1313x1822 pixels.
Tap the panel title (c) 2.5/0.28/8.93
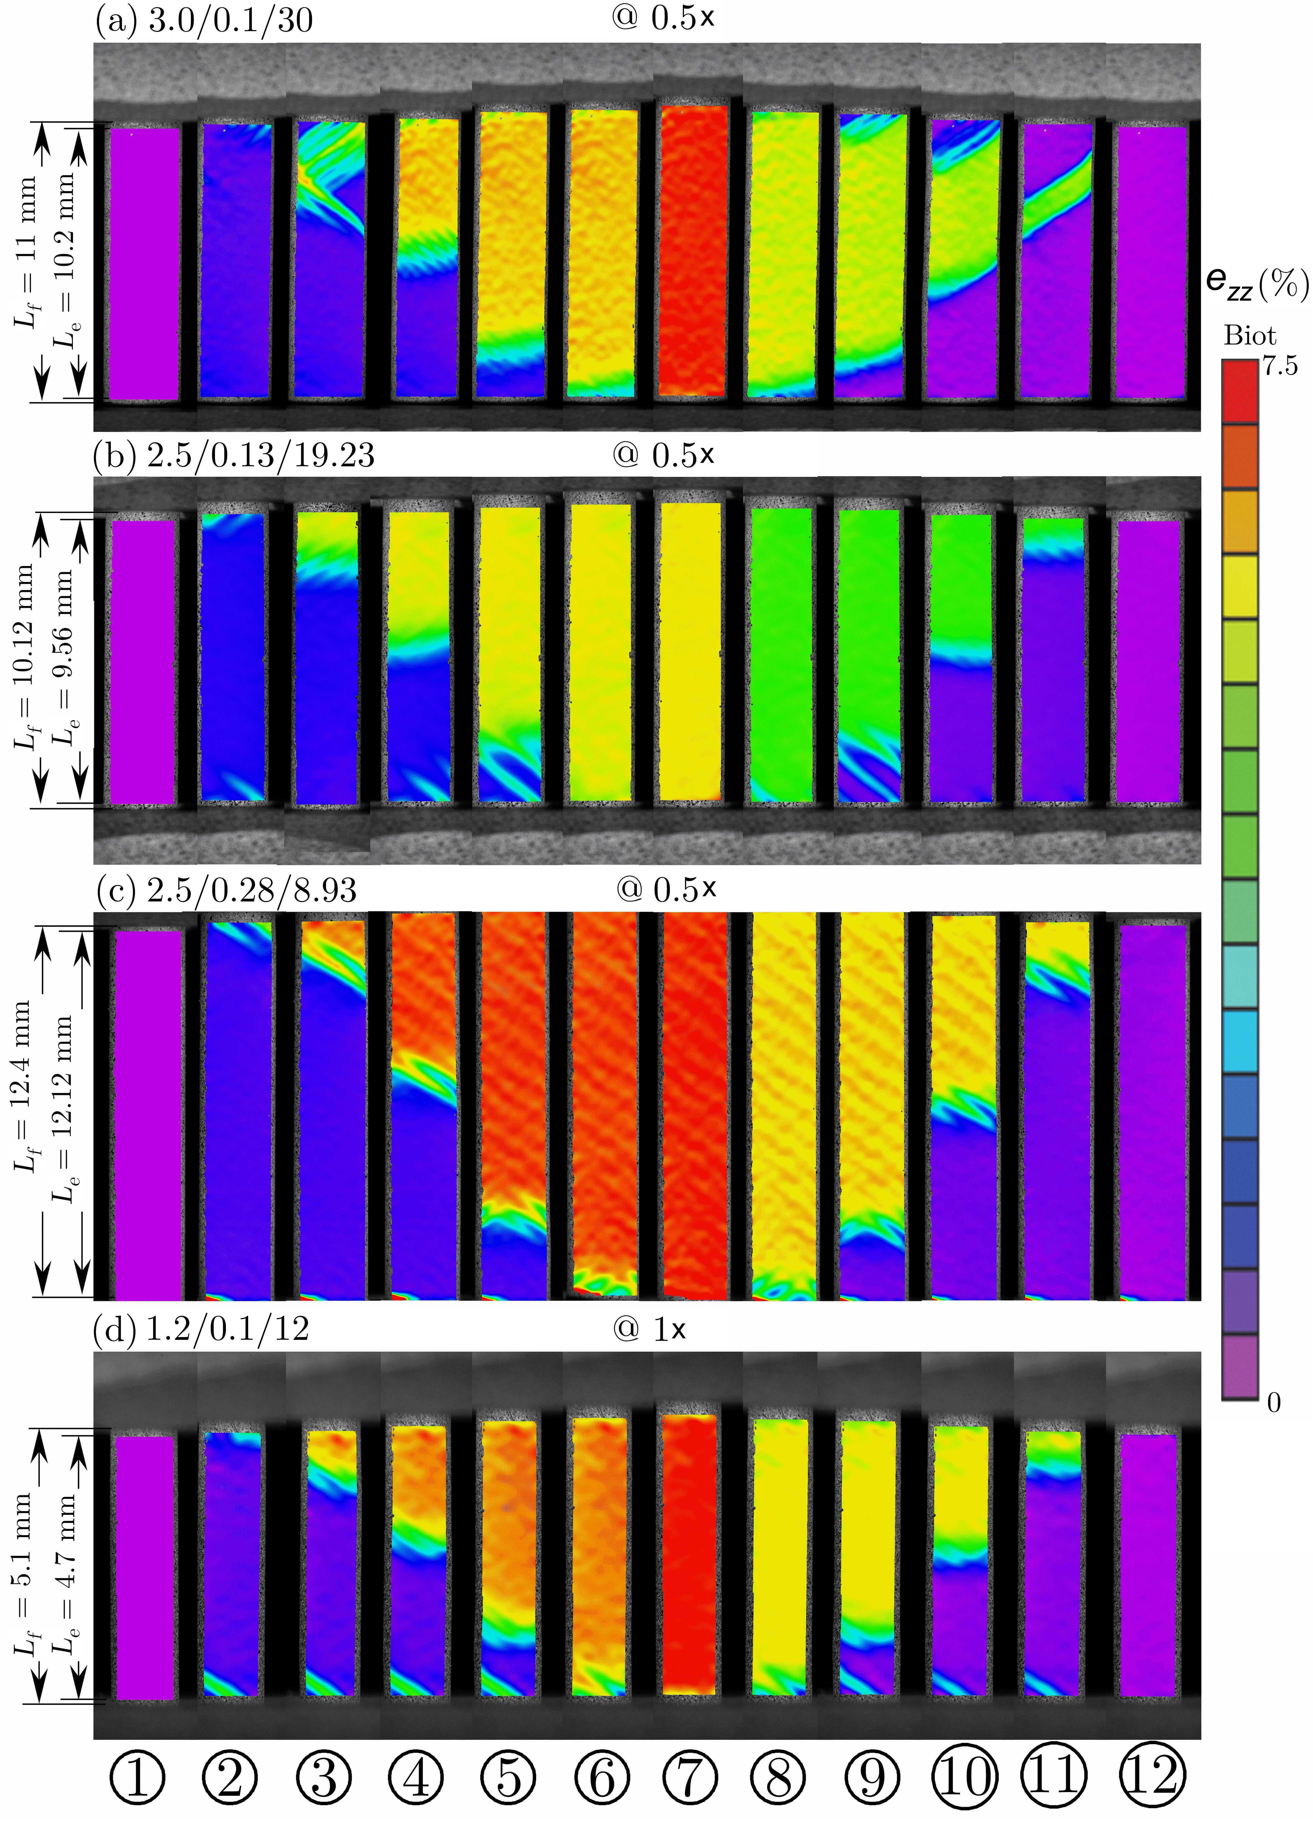tap(225, 890)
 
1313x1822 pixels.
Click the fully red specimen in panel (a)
tap(693, 251)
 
